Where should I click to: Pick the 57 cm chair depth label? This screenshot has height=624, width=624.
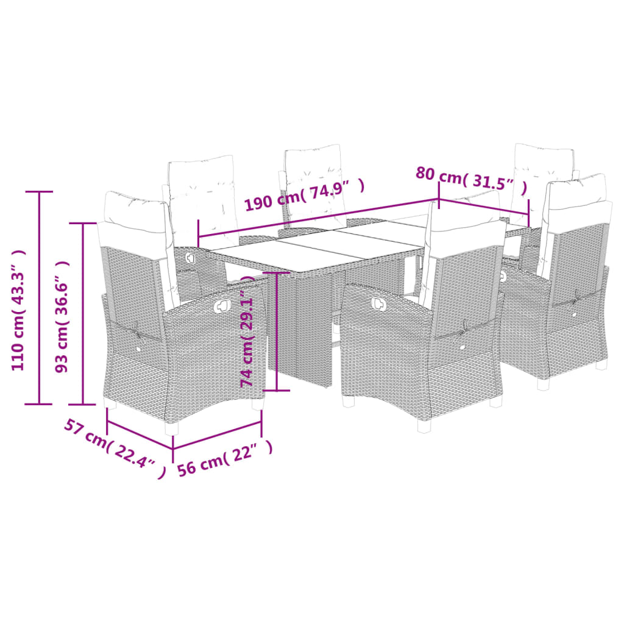(x=114, y=448)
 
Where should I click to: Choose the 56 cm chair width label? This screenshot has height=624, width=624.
(x=224, y=459)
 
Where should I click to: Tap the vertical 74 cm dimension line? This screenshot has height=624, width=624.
(x=277, y=331)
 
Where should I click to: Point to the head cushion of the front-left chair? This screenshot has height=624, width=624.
(x=133, y=207)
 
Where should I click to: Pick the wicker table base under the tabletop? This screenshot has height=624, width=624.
(x=302, y=329)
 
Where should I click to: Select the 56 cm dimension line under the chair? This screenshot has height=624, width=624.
(x=217, y=434)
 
